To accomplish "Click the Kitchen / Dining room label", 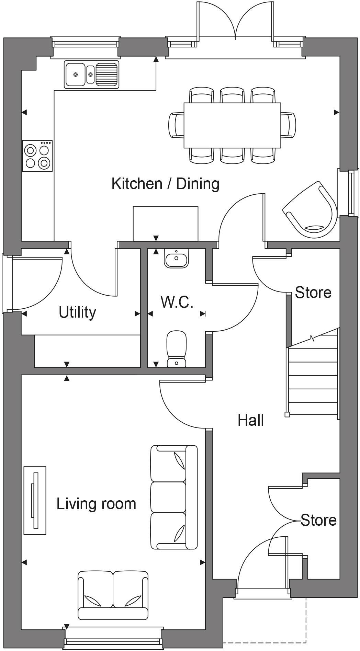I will [x=165, y=184].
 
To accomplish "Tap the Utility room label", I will [x=77, y=312].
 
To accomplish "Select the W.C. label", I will [x=177, y=302].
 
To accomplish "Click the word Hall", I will [x=251, y=420].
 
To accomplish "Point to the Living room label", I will [x=96, y=504].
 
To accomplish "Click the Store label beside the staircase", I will [x=313, y=292].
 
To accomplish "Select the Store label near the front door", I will [x=318, y=520].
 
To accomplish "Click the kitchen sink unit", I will [x=91, y=74].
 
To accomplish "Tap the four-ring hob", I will [x=37, y=156].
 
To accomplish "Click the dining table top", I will [x=232, y=125].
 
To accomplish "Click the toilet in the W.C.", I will [x=177, y=348].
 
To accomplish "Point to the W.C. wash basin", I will [x=177, y=258].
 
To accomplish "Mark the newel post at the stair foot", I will [x=287, y=414].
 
